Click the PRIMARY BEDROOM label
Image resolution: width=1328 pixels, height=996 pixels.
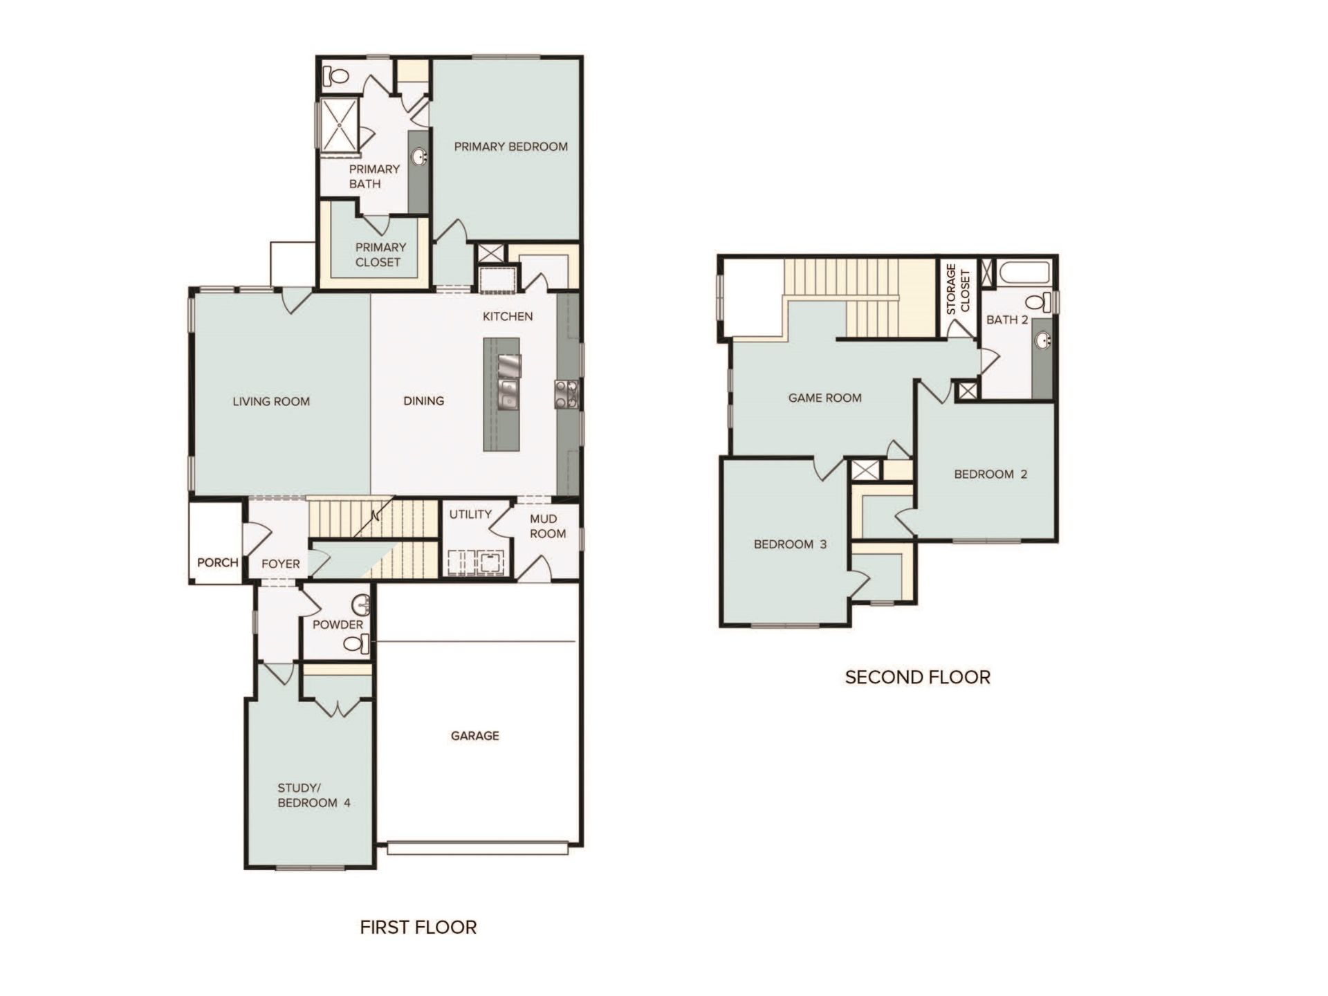point(510,147)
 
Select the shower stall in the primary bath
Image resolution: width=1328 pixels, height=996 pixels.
point(338,124)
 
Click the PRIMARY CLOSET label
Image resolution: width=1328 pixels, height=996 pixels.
point(379,255)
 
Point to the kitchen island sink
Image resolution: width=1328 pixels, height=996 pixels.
point(508,394)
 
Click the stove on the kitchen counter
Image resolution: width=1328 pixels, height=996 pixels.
point(566,394)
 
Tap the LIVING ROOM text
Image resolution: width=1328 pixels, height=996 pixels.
point(271,401)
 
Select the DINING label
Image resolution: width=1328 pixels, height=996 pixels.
point(423,400)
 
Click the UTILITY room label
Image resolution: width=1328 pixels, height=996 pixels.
point(470,514)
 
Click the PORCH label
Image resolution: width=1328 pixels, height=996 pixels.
point(217,562)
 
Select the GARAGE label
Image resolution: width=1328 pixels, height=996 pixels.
point(474,735)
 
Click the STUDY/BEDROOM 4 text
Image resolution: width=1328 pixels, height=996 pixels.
point(313,795)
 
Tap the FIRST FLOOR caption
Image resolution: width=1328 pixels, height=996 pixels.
point(418,927)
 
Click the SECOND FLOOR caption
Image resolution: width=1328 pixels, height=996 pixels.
point(917,677)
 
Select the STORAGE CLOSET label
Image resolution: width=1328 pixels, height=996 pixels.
point(958,288)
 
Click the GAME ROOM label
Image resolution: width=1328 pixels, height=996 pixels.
point(824,398)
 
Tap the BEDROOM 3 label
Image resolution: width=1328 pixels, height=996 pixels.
point(790,544)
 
